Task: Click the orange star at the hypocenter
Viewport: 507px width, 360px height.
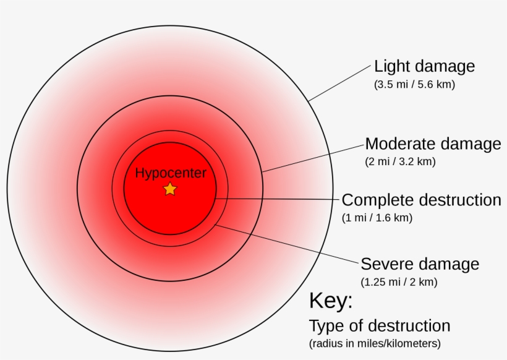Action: pyautogui.click(x=170, y=189)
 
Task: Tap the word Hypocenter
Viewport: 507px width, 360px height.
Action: pyautogui.click(x=171, y=173)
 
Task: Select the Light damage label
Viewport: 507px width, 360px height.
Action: pyautogui.click(x=425, y=66)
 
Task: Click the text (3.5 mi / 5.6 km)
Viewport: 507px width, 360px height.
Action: pyautogui.click(x=414, y=84)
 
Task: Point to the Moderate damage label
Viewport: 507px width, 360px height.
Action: pyautogui.click(x=433, y=144)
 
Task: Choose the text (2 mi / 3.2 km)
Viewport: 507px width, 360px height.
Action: pyautogui.click(x=400, y=161)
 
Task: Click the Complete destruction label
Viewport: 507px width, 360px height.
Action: pyautogui.click(x=422, y=200)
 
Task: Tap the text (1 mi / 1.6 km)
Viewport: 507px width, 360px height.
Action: pyautogui.click(x=377, y=218)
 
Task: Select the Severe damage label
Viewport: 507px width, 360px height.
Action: pyautogui.click(x=420, y=264)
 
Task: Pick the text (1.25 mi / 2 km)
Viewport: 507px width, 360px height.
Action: pyautogui.click(x=399, y=281)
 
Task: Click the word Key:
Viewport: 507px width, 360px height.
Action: pyautogui.click(x=331, y=301)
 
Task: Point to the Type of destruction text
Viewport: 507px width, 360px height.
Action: pyautogui.click(x=380, y=326)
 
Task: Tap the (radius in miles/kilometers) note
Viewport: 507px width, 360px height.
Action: pyautogui.click(x=375, y=343)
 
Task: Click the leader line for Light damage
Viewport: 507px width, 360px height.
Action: pyautogui.click(x=339, y=83)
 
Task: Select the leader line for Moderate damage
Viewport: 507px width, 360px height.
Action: pyautogui.click(x=313, y=158)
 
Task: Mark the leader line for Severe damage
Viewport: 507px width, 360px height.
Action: pyautogui.click(x=288, y=243)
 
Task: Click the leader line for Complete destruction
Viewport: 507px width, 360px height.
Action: pyautogui.click(x=278, y=199)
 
